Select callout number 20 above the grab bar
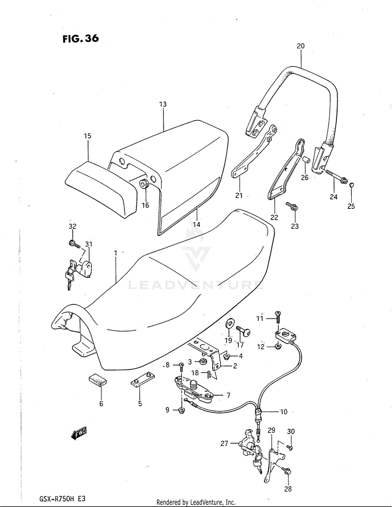click(300, 46)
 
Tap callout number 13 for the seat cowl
click(163, 104)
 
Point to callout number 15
click(87, 136)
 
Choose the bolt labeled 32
click(73, 243)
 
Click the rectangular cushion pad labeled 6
click(97, 379)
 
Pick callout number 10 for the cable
click(283, 412)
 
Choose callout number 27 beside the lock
click(224, 443)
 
